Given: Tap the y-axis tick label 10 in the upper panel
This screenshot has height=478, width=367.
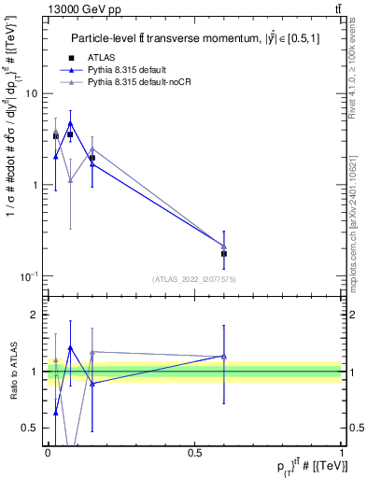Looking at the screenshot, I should (x=31, y=94).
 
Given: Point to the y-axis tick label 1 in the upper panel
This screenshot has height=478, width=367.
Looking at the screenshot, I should (x=35, y=185).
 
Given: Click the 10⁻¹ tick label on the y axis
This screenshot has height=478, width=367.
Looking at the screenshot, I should (x=29, y=275).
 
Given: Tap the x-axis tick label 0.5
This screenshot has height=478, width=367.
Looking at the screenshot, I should (x=195, y=453).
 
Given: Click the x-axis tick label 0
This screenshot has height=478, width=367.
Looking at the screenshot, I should (x=48, y=453).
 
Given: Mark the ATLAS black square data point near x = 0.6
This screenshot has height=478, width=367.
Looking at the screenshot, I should (x=224, y=253).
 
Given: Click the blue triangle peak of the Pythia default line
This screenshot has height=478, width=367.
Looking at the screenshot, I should (x=70, y=122).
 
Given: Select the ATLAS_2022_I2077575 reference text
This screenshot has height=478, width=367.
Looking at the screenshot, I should (x=194, y=279).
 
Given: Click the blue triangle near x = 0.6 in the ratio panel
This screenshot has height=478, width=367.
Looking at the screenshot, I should (x=224, y=356).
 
